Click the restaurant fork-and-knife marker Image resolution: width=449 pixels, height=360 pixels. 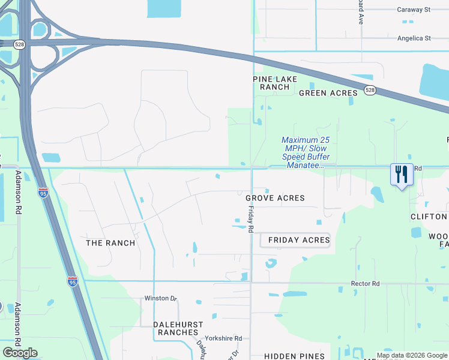[x=401, y=175]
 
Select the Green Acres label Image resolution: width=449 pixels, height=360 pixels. [x=328, y=93]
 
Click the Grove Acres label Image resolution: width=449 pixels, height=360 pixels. [x=275, y=198]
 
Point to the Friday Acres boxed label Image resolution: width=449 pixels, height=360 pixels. [x=298, y=240]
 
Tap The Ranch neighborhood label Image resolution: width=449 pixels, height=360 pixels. [x=110, y=243]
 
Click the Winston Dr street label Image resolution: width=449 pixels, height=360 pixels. [x=160, y=298]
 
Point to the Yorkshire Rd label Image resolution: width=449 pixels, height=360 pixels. [x=223, y=338]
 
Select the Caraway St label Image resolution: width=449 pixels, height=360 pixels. [x=414, y=10]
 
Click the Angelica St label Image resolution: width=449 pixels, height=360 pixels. [x=414, y=38]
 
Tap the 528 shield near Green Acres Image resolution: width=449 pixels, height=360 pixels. [x=370, y=91]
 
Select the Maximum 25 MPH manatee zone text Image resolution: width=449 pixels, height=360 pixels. [x=306, y=152]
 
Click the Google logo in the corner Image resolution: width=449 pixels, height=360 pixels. [x=20, y=353]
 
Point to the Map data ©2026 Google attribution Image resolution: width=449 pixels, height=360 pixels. [x=412, y=355]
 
